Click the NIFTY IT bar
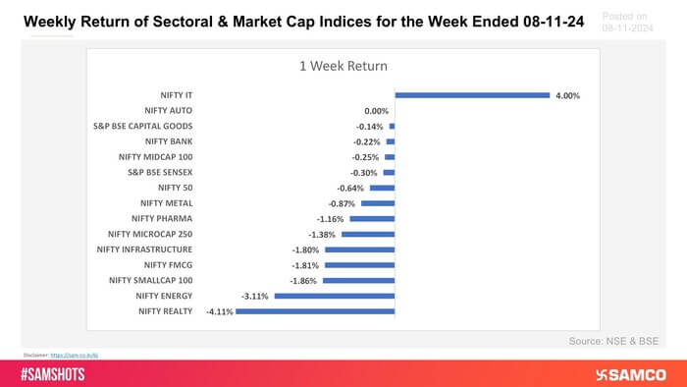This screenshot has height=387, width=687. (x=471, y=95)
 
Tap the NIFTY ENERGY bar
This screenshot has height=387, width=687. (x=335, y=295)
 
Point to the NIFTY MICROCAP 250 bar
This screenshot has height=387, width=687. (x=367, y=234)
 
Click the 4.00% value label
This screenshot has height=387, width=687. (x=567, y=95)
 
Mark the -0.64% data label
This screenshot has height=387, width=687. (x=351, y=188)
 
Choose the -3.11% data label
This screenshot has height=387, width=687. (x=257, y=295)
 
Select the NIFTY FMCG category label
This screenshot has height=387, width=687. (x=169, y=264)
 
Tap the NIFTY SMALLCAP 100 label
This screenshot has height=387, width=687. (x=152, y=280)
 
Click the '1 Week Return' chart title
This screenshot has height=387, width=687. (x=343, y=66)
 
